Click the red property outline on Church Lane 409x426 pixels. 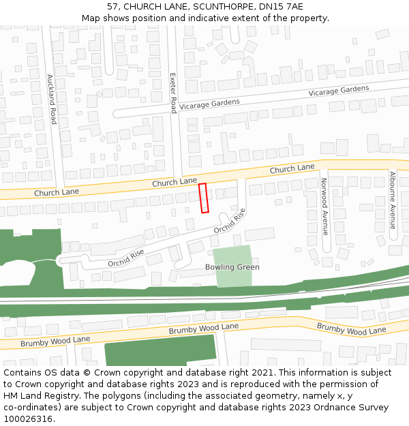pyautogui.click(x=202, y=198)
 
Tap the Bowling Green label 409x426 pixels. pyautogui.click(x=232, y=267)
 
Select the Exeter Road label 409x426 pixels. pyautogui.click(x=173, y=93)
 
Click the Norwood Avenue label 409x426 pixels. pyautogui.click(x=324, y=206)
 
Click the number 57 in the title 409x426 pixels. pyautogui.click(x=112, y=6)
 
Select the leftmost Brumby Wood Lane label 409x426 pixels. pyautogui.click(x=55, y=341)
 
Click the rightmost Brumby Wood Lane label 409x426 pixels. pyautogui.click(x=351, y=329)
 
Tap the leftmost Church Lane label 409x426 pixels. pyautogui.click(x=57, y=193)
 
